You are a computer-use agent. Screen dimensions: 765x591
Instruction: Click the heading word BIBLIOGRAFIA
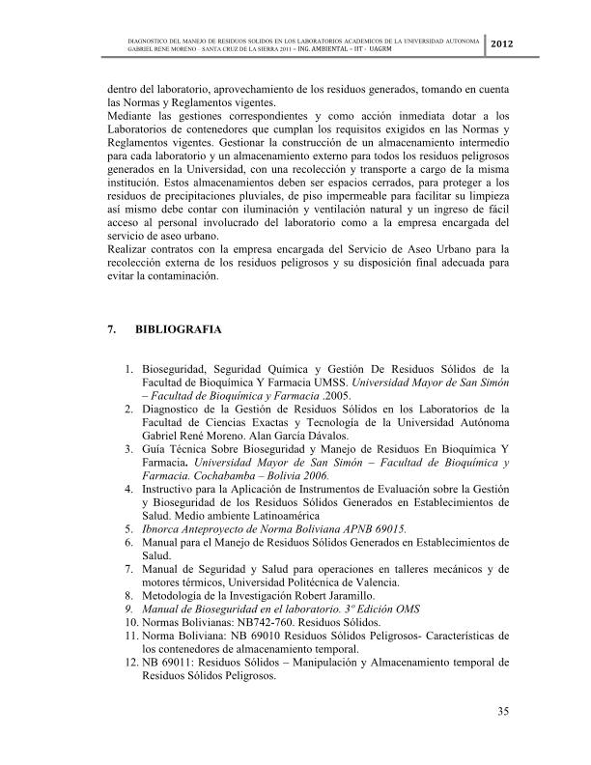179,329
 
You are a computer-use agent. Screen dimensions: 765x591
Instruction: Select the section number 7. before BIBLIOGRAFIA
113,329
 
